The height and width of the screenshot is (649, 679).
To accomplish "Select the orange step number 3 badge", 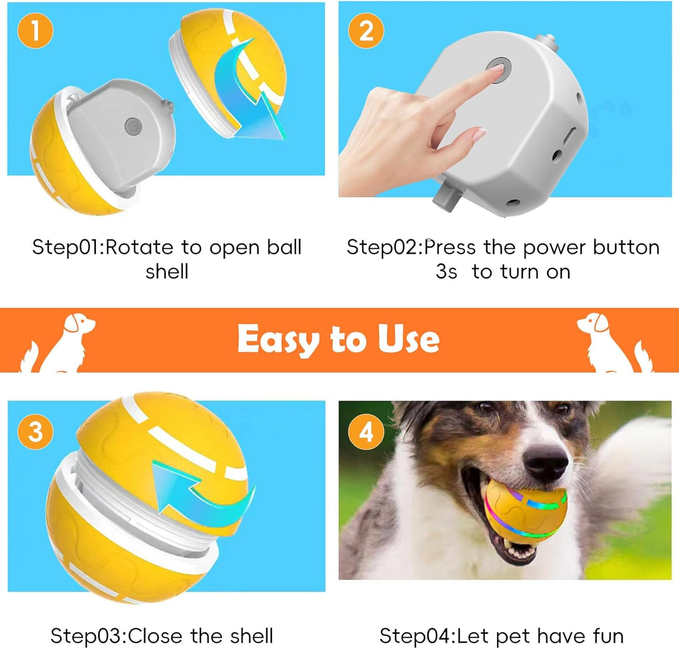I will click(35, 431).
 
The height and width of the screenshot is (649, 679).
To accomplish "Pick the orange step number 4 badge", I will click(366, 431).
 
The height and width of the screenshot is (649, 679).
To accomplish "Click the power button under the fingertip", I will click(499, 69).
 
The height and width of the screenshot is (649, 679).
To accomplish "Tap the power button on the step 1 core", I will click(133, 126).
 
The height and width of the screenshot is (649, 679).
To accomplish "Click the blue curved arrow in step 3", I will click(202, 498).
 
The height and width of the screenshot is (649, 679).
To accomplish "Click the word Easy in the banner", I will click(277, 339).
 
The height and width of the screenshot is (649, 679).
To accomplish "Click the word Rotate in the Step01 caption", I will click(140, 247).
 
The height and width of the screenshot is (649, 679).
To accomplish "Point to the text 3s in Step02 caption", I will click(446, 272).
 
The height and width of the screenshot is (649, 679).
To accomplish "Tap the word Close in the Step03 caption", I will click(156, 636).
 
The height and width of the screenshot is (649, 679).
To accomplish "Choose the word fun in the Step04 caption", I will click(608, 636).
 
